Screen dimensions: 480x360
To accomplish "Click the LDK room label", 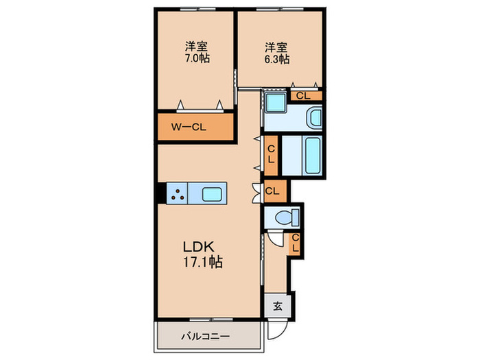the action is point(198,246).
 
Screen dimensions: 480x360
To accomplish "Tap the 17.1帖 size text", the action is point(203,262).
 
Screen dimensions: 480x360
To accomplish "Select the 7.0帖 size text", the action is point(197,58).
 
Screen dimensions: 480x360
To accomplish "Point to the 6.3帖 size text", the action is point(277,59).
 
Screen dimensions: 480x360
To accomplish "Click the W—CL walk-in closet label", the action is point(189,127).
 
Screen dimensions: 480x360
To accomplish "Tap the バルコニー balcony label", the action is point(206,337).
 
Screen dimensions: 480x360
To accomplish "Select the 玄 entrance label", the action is point(278,306).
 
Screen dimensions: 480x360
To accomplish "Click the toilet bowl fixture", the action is point(287,218).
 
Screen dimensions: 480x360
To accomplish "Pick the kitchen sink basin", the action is point(211,194).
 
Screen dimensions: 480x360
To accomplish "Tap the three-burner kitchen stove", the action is point(178,194).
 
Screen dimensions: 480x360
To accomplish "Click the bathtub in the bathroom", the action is point(313,156).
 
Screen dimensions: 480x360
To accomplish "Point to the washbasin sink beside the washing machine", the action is point(315,118).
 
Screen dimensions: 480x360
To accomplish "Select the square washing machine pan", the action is point(276,102).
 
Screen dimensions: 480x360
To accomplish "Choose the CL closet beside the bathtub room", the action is point(271,155).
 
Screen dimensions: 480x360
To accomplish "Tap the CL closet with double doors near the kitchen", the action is point(275,191).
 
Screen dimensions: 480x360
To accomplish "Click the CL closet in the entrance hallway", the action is point(295,243).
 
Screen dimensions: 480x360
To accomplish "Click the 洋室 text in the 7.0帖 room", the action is point(196,47).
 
